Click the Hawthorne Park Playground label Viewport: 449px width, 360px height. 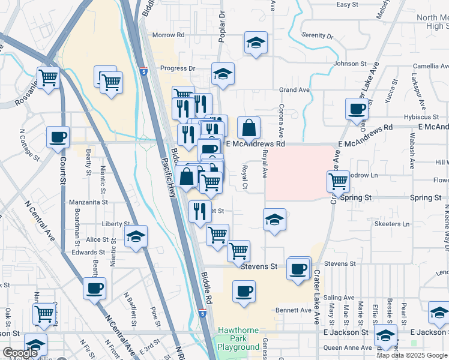click(238, 338)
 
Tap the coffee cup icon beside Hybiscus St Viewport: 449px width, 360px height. click(357, 109)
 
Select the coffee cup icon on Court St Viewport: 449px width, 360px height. click(58, 137)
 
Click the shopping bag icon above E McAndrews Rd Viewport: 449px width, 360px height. click(249, 127)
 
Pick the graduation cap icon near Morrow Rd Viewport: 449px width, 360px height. click(256, 43)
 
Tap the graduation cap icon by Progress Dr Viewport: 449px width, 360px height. click(223, 74)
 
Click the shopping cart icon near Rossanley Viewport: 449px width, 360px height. click(48, 77)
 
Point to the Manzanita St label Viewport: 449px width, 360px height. click(88, 202)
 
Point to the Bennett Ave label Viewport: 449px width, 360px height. click(294, 310)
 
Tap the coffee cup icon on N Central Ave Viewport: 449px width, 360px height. click(94, 289)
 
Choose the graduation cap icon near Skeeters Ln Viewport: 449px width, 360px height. click(274, 220)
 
